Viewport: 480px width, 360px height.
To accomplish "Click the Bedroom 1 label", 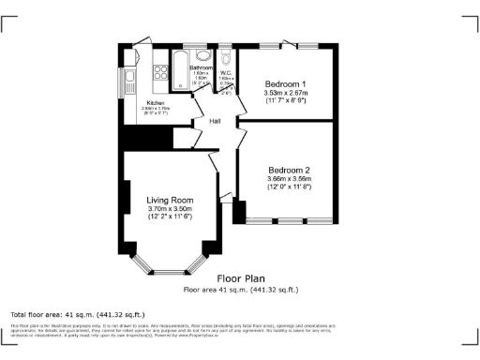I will (286, 83).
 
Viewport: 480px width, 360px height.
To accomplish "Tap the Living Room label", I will (170, 200).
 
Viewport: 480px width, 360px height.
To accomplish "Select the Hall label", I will (215, 121).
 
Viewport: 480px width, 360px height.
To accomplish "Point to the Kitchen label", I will (156, 102).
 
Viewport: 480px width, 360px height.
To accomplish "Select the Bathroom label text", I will (202, 67).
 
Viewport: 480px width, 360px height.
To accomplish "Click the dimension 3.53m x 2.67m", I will (286, 93).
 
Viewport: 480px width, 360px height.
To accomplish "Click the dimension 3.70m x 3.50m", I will (170, 208).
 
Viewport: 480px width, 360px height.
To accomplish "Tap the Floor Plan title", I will (240, 278).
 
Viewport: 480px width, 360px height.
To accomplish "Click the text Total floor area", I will (37, 314).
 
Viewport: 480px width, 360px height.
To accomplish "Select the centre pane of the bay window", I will (170, 271).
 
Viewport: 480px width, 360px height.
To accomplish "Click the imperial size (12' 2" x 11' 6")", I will (170, 217).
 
